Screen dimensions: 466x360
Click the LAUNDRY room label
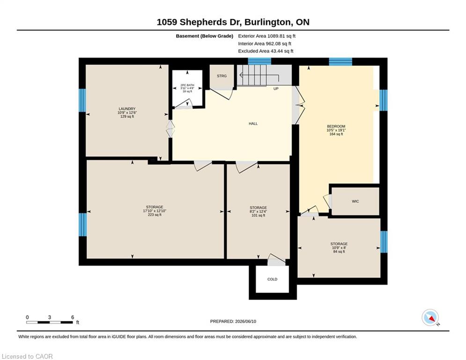point(127,109)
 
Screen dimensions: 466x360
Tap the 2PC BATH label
point(187,85)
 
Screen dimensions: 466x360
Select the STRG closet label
point(222,76)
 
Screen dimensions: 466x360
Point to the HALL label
point(253,124)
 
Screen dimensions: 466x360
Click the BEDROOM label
point(336,127)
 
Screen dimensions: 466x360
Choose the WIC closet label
point(355,202)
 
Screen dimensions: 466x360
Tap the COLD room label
point(272,279)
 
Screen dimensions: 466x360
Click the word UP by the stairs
point(276,89)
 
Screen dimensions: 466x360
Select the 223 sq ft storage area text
point(155,215)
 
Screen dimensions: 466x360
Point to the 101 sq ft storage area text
point(258,216)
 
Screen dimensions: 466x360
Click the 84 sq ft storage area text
point(339,252)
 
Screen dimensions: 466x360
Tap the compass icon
point(430,317)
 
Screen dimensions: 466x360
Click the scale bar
point(50,322)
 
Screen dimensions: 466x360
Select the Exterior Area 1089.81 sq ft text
point(266,36)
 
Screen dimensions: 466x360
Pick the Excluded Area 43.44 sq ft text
point(266,51)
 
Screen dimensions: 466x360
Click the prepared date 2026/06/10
point(245,321)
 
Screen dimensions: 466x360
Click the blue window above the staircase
point(259,61)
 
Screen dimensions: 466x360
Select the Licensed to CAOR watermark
point(27,356)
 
